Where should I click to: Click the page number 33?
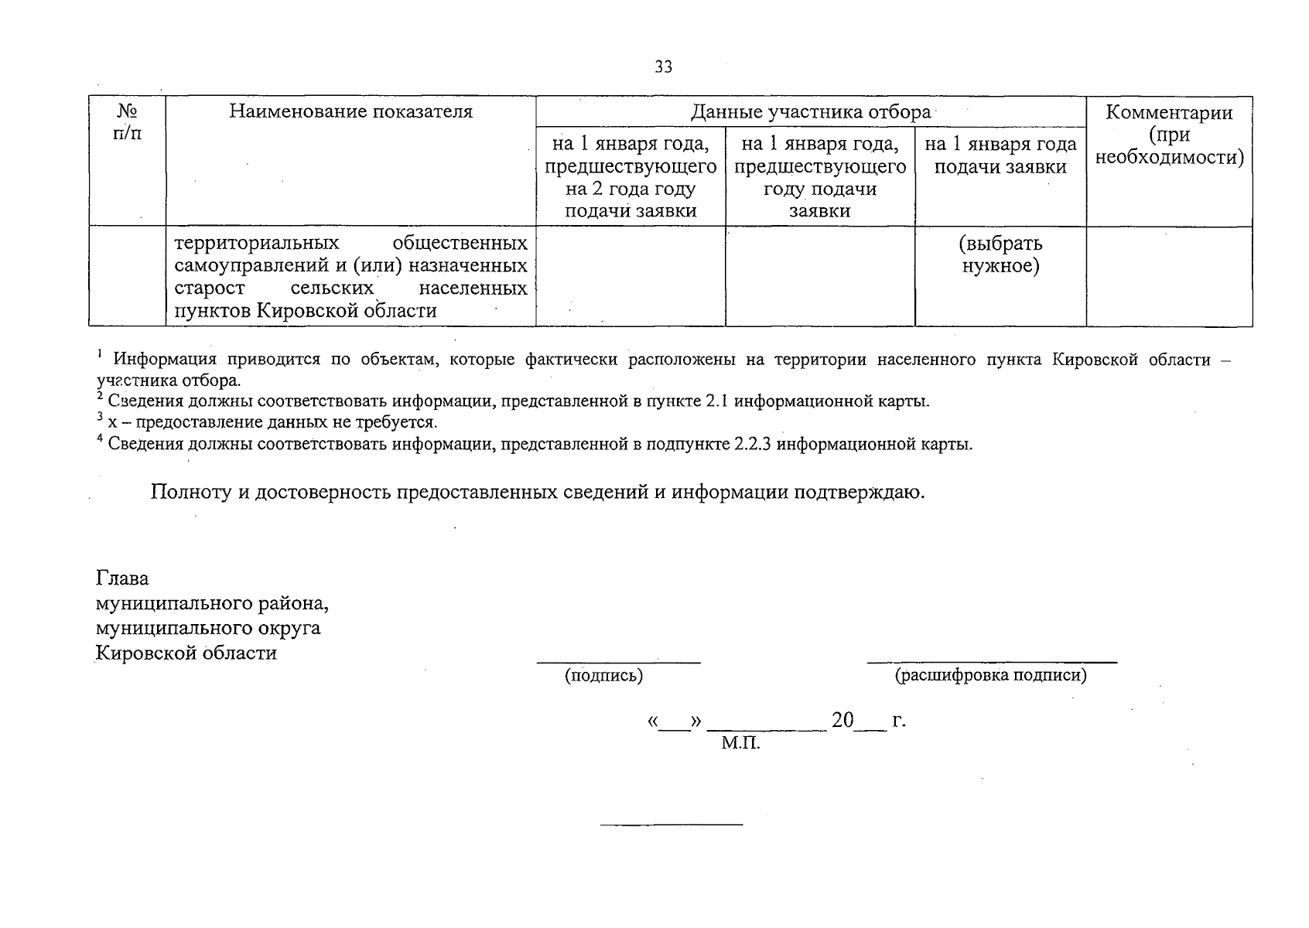pyautogui.click(x=663, y=67)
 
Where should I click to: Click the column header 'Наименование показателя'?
pyautogui.click(x=350, y=111)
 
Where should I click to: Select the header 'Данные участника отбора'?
pyautogui.click(x=810, y=112)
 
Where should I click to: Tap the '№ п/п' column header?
pyautogui.click(x=127, y=122)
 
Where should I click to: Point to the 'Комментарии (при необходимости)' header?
pyautogui.click(x=1169, y=135)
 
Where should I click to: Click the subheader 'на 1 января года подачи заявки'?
pyautogui.click(x=1000, y=155)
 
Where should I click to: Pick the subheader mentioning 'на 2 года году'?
pyautogui.click(x=631, y=189)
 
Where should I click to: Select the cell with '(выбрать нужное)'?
pyautogui.click(x=1000, y=254)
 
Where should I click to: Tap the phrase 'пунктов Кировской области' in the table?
pyautogui.click(x=306, y=311)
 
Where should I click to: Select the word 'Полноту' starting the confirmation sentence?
pyautogui.click(x=191, y=492)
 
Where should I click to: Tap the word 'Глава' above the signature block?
pyautogui.click(x=122, y=578)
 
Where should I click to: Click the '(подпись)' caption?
pyautogui.click(x=603, y=676)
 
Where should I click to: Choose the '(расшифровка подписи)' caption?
pyautogui.click(x=990, y=676)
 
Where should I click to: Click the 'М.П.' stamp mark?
pyautogui.click(x=740, y=744)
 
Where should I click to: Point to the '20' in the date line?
pyautogui.click(x=842, y=721)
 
